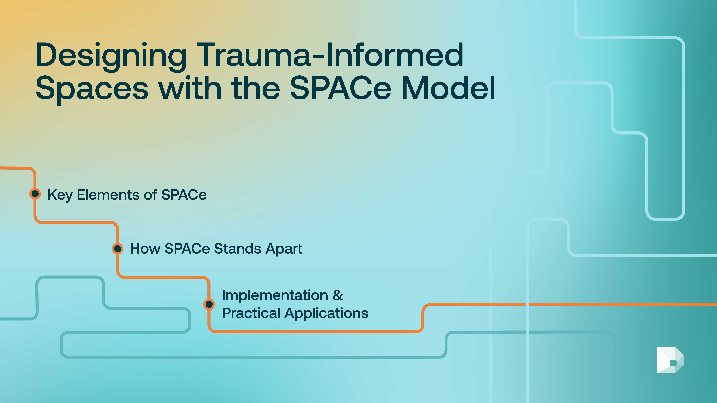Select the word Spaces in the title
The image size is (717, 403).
tap(92, 88)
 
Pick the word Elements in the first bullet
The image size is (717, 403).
tap(108, 195)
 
